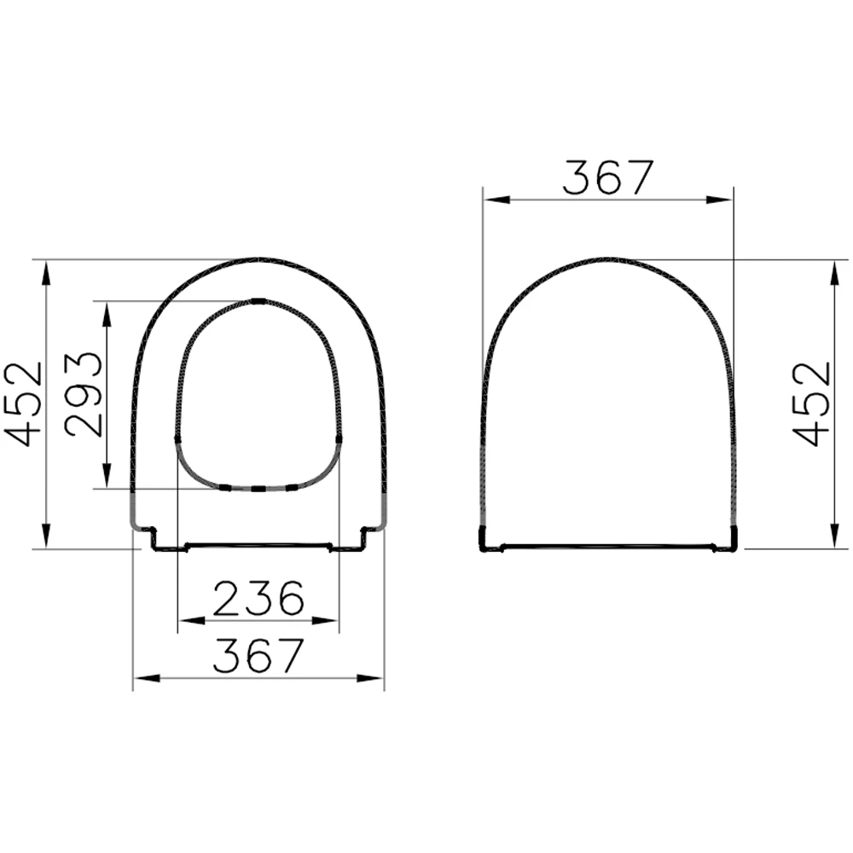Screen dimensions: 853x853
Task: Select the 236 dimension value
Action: [258, 599]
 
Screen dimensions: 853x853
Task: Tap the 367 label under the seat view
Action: [258, 656]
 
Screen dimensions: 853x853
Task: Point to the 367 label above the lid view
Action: [607, 177]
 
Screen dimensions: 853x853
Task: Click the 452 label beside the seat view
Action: [24, 403]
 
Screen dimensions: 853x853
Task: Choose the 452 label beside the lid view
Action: [811, 403]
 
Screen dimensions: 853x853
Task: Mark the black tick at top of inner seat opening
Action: [258, 300]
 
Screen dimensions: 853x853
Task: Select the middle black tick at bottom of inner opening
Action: [258, 489]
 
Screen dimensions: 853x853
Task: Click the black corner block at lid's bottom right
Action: [733, 539]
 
